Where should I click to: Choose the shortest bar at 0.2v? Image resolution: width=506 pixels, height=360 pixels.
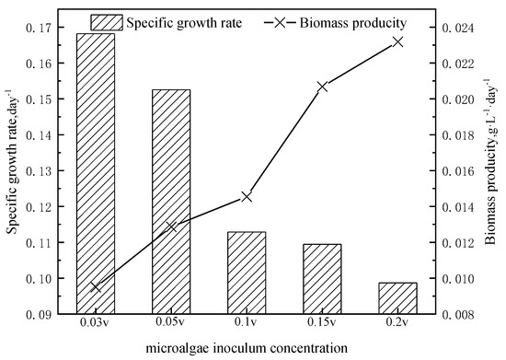[x=397, y=298]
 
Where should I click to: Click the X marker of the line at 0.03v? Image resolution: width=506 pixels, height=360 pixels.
[x=96, y=286]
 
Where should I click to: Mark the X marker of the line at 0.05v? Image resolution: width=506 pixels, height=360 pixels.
[x=171, y=226]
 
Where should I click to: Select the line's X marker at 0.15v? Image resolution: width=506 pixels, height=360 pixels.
[x=322, y=87]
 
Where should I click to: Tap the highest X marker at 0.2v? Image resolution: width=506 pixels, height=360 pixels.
[x=397, y=41]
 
